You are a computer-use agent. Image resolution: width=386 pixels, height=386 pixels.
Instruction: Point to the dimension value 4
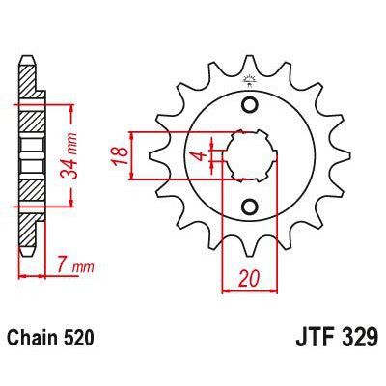coord(198,155)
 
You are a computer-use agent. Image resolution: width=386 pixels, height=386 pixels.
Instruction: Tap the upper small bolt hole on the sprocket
coord(250,105)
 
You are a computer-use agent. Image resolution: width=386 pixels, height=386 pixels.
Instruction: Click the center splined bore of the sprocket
coord(249,155)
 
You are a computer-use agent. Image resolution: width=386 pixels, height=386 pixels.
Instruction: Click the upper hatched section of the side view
coord(29,119)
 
